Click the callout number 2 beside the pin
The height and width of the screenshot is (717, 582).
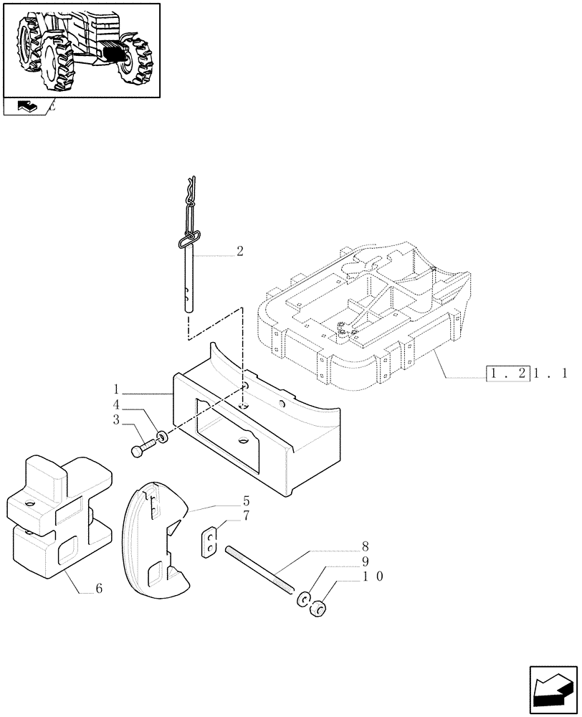tap(239, 252)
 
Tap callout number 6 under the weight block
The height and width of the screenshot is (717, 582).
tap(99, 589)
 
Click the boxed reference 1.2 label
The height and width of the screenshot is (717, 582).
tap(506, 373)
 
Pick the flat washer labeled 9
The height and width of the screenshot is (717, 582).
tap(304, 598)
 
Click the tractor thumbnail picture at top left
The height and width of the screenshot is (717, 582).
tap(81, 49)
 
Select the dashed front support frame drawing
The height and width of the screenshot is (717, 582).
tap(366, 315)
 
